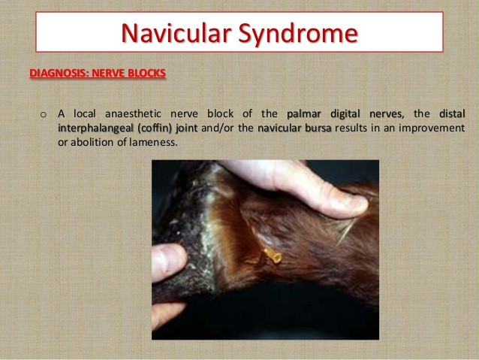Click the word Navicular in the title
(176, 33)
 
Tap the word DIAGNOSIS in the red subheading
(59, 73)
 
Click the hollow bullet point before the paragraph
(44, 115)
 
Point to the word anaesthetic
(133, 113)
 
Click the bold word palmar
(303, 114)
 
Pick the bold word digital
(345, 114)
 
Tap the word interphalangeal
(95, 129)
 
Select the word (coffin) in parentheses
(155, 129)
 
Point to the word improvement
(432, 129)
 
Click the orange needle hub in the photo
(273, 256)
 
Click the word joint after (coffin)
(187, 129)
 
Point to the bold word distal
(452, 113)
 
